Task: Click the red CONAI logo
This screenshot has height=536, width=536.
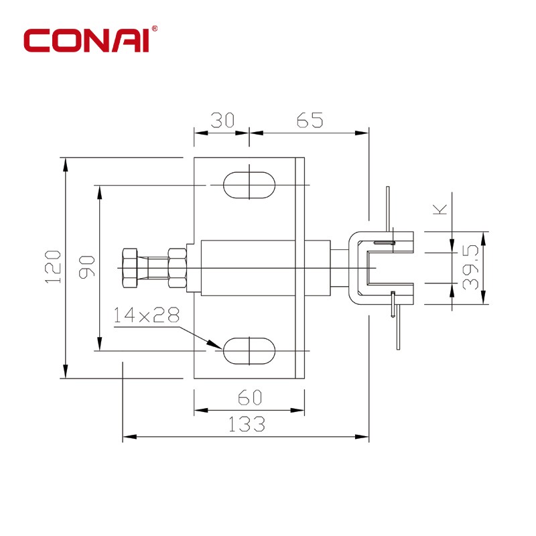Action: tap(86, 41)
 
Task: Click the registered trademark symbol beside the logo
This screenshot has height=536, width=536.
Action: tap(155, 28)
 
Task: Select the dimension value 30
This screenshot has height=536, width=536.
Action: tap(222, 120)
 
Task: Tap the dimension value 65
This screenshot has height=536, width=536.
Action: tap(310, 120)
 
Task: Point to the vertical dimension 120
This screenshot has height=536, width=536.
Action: tap(53, 267)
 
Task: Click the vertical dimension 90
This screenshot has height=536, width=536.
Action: tap(87, 267)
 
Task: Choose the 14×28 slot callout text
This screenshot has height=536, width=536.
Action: tap(146, 315)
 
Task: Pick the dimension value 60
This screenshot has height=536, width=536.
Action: tap(250, 397)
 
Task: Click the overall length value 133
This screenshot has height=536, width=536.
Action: tap(247, 424)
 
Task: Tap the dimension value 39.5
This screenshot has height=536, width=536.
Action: tap(470, 267)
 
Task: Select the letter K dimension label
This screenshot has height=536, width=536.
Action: tap(440, 209)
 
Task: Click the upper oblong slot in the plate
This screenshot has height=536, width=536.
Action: tap(249, 185)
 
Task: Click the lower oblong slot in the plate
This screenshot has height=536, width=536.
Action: tap(249, 351)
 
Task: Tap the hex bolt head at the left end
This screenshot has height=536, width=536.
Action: tap(130, 268)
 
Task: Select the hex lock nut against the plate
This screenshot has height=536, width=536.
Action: tap(177, 268)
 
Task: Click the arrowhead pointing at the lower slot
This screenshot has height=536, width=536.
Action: tap(214, 344)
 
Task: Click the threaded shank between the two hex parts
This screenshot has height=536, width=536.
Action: tap(153, 268)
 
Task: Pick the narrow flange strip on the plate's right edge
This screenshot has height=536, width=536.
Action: tap(299, 268)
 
